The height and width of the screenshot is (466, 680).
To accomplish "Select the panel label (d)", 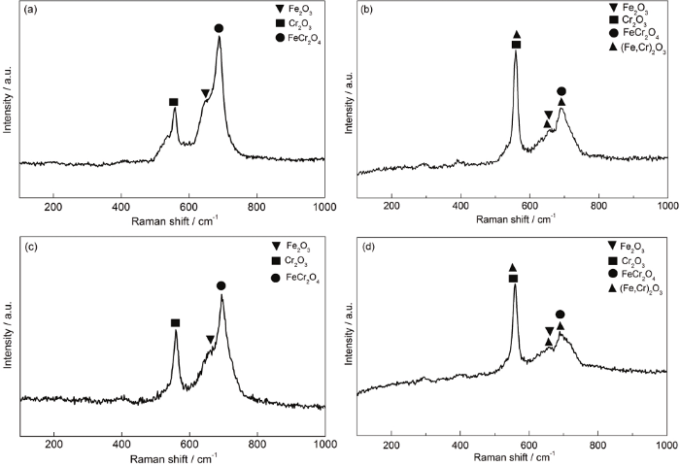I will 367,248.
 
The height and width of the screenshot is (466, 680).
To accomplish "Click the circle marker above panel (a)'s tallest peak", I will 219,29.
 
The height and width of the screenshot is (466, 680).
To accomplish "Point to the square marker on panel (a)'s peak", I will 174,102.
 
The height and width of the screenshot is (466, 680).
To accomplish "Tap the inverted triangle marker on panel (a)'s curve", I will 205,93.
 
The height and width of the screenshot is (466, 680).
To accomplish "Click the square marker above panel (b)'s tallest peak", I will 516,45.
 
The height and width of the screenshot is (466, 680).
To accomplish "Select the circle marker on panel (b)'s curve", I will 561,91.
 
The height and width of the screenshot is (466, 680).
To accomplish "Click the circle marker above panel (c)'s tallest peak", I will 221,285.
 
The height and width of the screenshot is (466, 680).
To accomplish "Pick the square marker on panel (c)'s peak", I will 176,322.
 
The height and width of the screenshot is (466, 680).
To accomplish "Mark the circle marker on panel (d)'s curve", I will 560,315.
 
